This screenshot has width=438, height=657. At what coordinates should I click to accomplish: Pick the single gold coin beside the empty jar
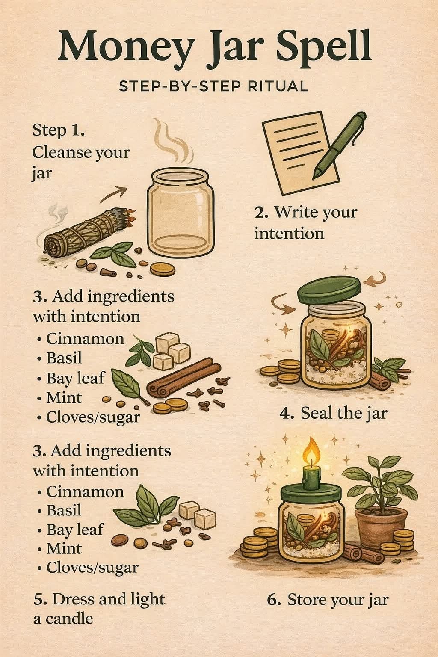coord(163,269)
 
